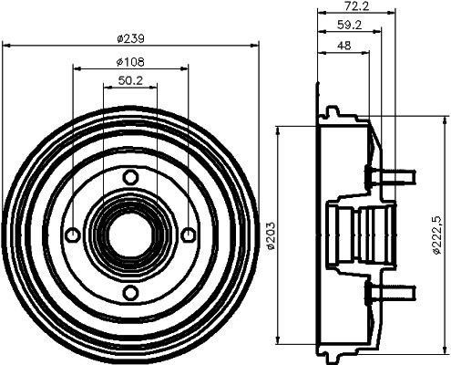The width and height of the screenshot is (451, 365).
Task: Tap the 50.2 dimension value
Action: (131, 81)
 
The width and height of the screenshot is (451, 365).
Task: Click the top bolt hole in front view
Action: (130, 176)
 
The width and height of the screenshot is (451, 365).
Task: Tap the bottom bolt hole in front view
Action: (130, 292)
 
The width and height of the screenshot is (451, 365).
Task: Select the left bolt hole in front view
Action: (73, 235)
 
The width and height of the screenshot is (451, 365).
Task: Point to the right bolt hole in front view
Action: (188, 235)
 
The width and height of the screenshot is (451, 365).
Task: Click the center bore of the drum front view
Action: (130, 235)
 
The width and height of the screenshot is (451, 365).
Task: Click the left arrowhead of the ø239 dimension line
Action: (5, 47)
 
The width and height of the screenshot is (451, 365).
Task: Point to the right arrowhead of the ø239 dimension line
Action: (256, 47)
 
